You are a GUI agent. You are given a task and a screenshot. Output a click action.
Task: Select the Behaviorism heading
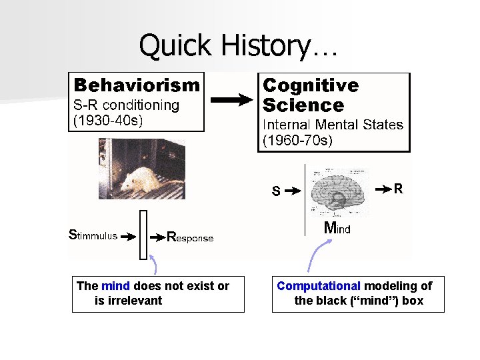coord(137,85)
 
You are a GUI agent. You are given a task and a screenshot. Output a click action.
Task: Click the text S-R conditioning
coord(126,105)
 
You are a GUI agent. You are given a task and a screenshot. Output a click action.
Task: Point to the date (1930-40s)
coord(108,121)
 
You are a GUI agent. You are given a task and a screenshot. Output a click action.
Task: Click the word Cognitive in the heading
coord(311,85)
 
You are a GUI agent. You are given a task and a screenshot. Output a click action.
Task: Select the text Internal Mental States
coord(333,125)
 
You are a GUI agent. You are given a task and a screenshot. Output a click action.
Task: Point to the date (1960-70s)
coord(297,141)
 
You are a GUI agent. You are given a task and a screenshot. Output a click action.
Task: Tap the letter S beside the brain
coord(275,192)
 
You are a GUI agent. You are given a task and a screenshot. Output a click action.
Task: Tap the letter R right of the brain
coord(398,189)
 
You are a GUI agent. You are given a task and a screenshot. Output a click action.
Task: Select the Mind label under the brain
coord(337,228)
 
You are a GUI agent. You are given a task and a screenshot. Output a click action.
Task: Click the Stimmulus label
coord(93,235)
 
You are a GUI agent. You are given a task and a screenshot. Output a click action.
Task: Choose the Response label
coord(190,237)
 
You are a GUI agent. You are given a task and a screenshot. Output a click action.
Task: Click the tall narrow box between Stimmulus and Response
coord(143,235)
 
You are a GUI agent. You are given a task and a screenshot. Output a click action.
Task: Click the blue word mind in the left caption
coord(115,286)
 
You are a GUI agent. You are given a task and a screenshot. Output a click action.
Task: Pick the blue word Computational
coord(319,286)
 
